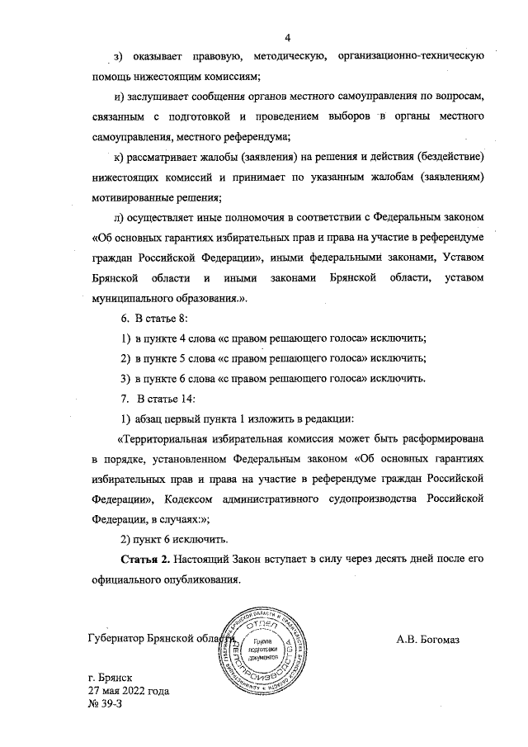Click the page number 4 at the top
pos(289,36)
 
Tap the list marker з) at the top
pos(118,57)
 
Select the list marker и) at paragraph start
pos(120,97)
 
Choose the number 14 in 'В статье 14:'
pos(187,399)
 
